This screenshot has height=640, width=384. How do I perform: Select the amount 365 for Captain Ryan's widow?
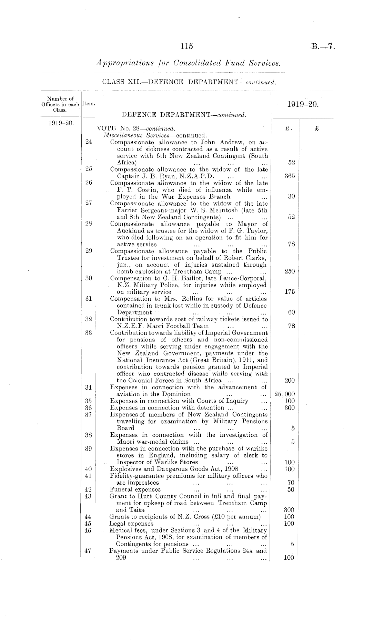(x=291, y=176)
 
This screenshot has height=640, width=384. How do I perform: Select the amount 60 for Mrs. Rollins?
(x=291, y=312)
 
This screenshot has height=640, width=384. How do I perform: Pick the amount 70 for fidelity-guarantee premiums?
(x=291, y=483)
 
